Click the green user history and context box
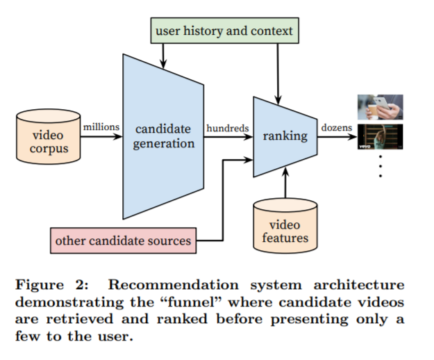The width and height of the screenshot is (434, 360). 224,31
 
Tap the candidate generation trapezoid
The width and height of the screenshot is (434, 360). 163,136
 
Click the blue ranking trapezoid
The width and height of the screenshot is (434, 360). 285,136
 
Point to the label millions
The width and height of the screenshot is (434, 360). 101,127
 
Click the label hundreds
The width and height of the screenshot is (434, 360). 227,128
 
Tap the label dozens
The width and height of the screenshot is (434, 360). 337,128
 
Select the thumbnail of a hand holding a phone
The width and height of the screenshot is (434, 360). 380,108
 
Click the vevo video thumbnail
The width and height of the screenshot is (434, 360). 380,138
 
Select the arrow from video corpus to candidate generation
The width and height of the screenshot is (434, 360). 101,137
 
